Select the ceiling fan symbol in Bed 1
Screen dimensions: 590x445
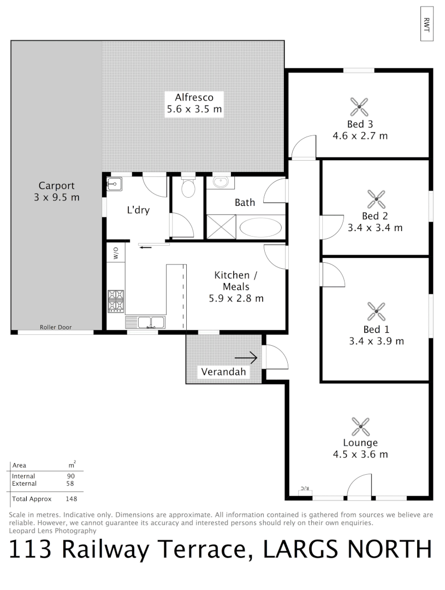pos(376,311)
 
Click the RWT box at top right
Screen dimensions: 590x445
pos(426,23)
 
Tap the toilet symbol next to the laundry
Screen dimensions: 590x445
pos(188,187)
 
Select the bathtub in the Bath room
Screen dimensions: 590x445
pos(261,227)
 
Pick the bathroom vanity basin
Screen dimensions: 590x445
pos(222,181)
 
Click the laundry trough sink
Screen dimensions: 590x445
pos(115,184)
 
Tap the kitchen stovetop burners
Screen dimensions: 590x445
pos(115,300)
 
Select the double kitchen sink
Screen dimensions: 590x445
pos(145,322)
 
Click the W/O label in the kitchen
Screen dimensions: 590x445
pos(116,253)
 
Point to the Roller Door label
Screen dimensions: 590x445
pos(56,328)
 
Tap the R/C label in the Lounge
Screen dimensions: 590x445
pos(304,488)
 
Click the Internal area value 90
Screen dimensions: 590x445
pos(71,476)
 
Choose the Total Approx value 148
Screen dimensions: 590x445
pos(71,499)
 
